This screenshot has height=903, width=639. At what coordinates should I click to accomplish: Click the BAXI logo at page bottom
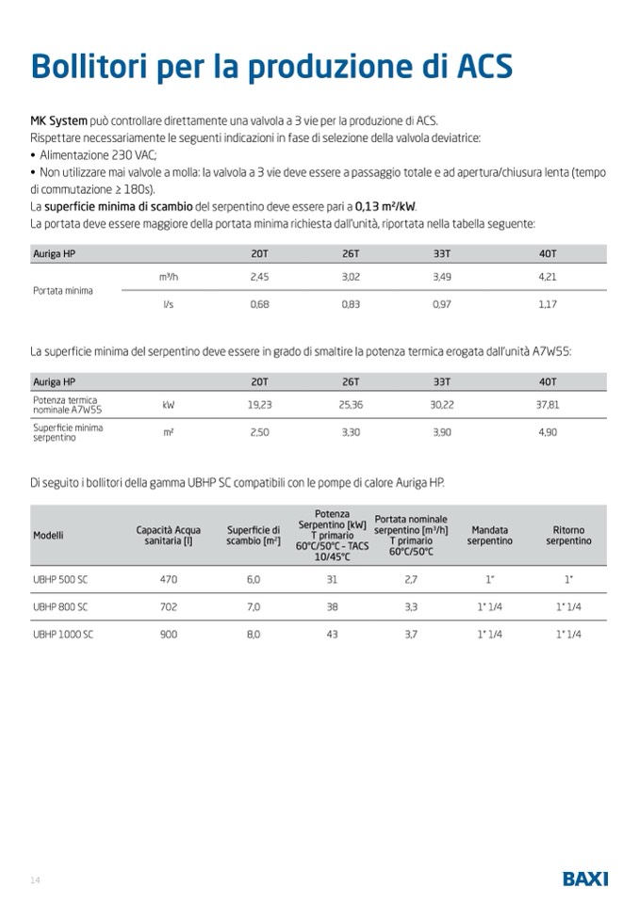click(x=585, y=879)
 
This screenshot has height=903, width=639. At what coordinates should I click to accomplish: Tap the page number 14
click(x=35, y=880)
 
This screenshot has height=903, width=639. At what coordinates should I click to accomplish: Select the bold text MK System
click(x=58, y=121)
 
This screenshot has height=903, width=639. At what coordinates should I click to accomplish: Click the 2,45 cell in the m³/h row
click(x=259, y=277)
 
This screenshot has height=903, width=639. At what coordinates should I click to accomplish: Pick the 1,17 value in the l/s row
click(x=548, y=305)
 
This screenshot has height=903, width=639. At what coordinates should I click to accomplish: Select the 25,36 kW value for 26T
click(x=351, y=404)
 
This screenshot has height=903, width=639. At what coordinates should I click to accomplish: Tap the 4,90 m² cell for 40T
click(x=548, y=432)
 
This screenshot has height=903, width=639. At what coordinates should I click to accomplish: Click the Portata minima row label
click(x=63, y=291)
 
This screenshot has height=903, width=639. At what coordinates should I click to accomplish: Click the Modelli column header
click(x=48, y=535)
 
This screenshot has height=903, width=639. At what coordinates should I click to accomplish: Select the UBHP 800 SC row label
click(x=60, y=607)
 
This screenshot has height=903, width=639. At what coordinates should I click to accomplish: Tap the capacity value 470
click(x=169, y=580)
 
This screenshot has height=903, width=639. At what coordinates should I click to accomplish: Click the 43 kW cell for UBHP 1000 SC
click(x=332, y=635)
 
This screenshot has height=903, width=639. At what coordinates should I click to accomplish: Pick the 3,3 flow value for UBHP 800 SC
click(x=411, y=607)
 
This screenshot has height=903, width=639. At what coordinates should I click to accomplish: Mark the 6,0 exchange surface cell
click(x=254, y=580)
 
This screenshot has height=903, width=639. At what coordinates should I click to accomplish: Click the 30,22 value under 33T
click(x=442, y=404)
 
